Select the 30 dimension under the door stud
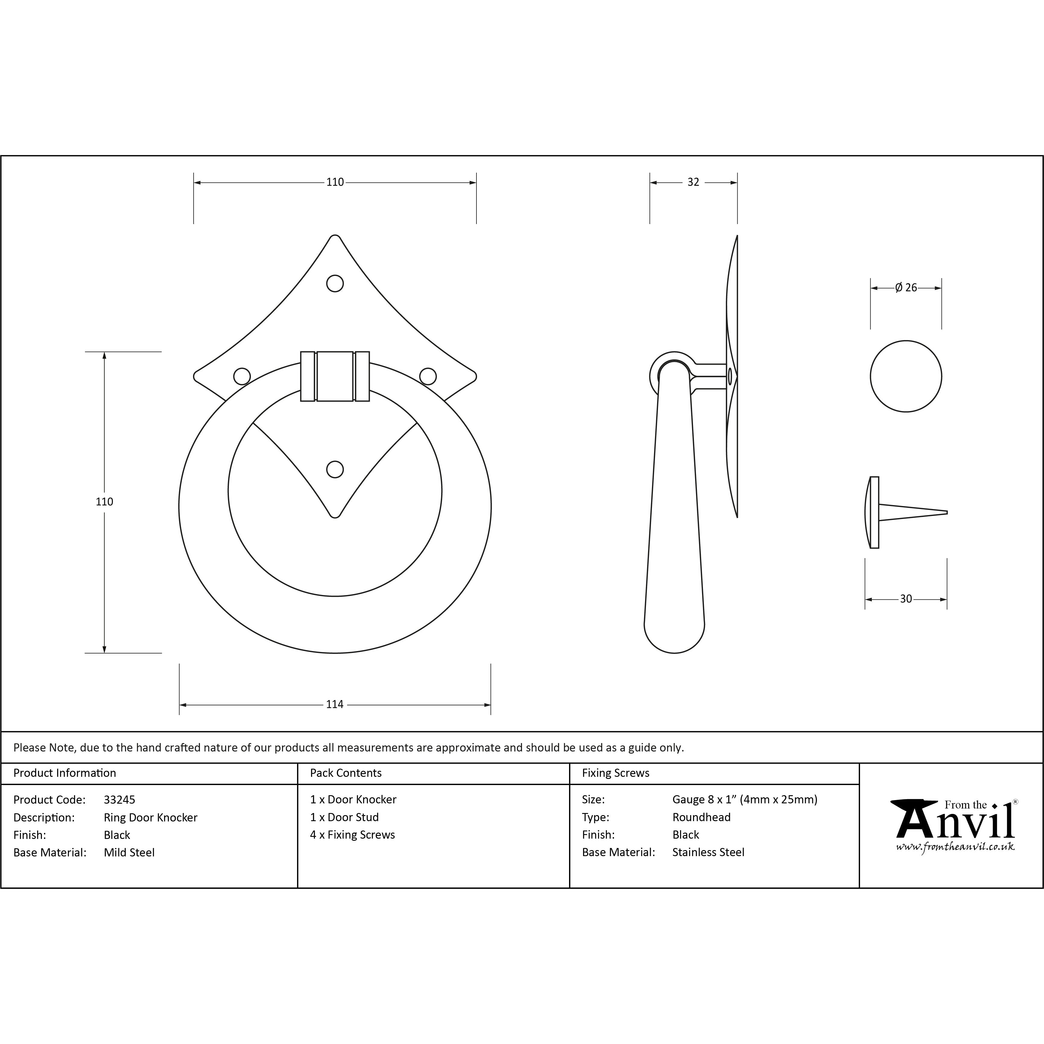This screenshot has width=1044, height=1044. click(906, 599)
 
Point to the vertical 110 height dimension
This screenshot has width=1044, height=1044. click(104, 501)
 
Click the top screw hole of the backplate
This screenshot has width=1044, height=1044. click(335, 284)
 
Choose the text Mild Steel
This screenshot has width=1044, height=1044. click(129, 852)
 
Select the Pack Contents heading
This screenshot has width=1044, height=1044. click(346, 773)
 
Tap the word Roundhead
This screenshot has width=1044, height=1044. click(701, 817)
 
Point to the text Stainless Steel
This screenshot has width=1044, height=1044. click(708, 852)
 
